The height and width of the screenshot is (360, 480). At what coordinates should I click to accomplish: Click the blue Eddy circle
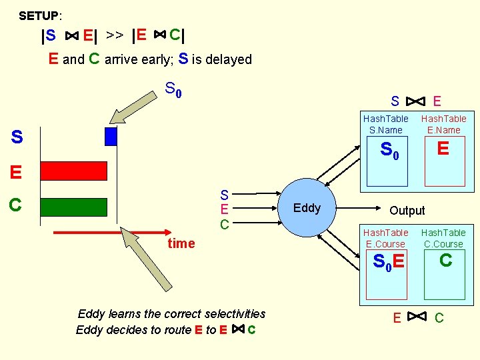307,207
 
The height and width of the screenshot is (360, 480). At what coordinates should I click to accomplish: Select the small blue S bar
111,136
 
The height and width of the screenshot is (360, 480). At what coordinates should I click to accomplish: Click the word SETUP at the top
39,15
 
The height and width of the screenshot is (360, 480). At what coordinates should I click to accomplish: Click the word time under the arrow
181,243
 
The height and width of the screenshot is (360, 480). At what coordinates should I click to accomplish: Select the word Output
407,211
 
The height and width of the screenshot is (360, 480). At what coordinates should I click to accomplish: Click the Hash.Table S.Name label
385,124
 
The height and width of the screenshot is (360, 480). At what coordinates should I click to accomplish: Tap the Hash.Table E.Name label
443,124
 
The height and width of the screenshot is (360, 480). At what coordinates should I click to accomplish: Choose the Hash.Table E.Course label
385,238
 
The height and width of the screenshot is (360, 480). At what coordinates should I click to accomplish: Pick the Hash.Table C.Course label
443,238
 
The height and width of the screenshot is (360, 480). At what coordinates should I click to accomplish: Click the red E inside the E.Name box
443,149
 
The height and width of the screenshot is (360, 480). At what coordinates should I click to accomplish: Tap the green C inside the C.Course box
445,261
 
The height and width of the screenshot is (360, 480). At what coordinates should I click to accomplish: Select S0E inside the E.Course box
388,263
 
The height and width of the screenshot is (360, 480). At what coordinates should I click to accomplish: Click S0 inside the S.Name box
389,151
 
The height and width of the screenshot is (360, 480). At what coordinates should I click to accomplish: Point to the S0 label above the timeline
173,89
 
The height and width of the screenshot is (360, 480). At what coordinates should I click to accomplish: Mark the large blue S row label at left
17,137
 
